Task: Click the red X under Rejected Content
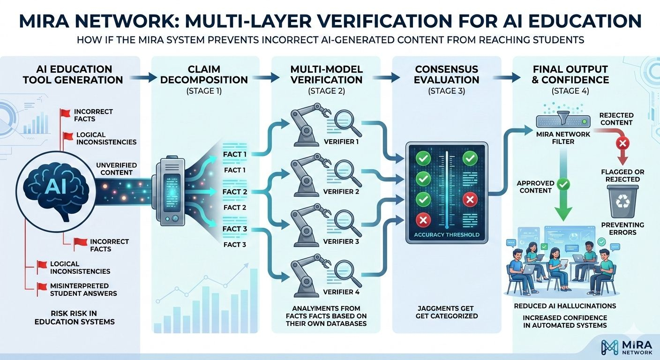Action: point(622,142)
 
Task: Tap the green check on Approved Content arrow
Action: point(565,184)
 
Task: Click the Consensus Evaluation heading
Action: point(447,74)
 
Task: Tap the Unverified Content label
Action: point(116,169)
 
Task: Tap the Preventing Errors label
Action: point(622,228)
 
